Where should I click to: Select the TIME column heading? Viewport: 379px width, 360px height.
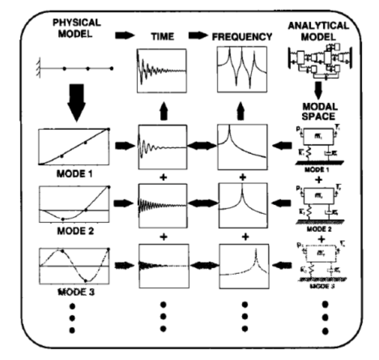pyautogui.click(x=161, y=37)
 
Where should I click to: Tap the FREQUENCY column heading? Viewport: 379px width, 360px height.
pyautogui.click(x=242, y=37)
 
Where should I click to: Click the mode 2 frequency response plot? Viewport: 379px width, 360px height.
pyautogui.click(x=243, y=206)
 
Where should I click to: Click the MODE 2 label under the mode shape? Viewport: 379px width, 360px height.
pyautogui.click(x=74, y=232)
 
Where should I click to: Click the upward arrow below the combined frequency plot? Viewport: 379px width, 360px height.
pyautogui.click(x=243, y=110)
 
